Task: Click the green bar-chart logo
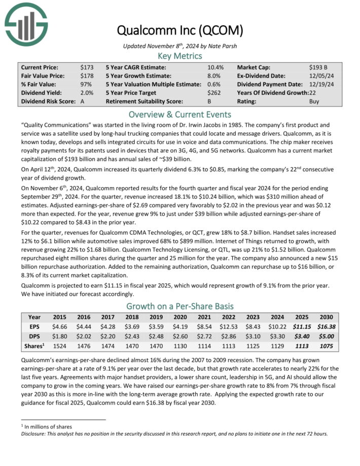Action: tap(26, 23)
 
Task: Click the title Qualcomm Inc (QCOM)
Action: tap(180, 30)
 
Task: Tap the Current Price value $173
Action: tap(87, 67)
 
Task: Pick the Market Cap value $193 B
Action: tap(318, 67)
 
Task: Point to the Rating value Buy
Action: tap(314, 101)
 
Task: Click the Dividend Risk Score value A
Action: tap(82, 101)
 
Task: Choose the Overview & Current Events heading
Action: tap(179, 114)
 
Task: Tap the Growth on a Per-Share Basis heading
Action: tap(179, 306)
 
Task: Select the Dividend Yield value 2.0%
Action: tap(86, 93)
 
